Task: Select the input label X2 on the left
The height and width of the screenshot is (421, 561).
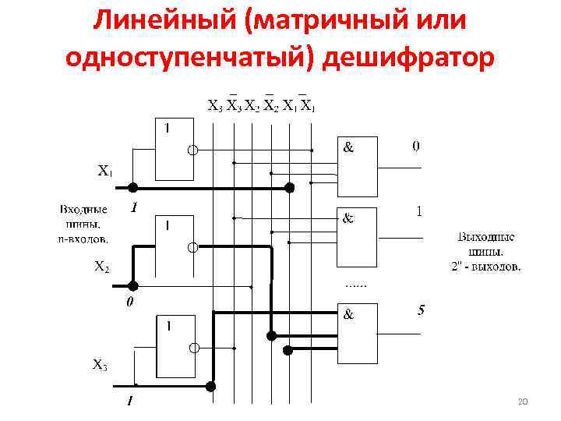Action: [x=101, y=267]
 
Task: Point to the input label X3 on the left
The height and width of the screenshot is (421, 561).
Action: [x=100, y=363]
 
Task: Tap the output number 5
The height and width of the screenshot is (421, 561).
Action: [x=421, y=311]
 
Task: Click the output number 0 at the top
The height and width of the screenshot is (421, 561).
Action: [x=416, y=146]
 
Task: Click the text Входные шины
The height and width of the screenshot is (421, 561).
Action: [x=84, y=214]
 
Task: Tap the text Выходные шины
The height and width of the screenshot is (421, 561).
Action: [x=485, y=244]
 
